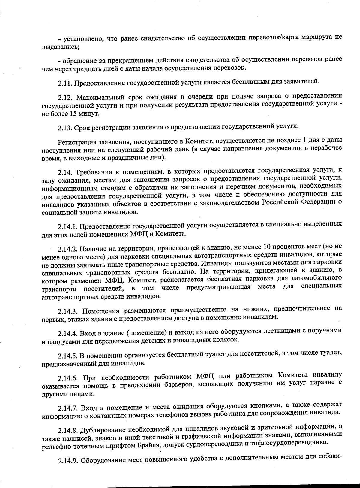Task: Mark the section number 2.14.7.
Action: (68, 408)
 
